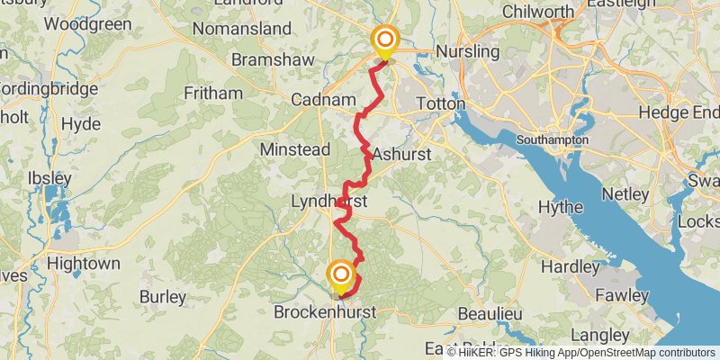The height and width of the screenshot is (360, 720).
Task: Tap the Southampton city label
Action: (553, 140)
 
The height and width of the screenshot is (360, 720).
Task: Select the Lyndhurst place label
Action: (328, 202)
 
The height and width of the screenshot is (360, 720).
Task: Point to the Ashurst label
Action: (401, 154)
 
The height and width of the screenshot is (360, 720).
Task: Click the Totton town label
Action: (440, 104)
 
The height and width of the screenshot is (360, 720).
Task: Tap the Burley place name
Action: (163, 296)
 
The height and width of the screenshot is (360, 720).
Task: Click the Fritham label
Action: (213, 93)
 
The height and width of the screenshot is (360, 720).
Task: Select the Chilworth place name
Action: (538, 12)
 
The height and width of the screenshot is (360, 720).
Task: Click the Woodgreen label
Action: (87, 24)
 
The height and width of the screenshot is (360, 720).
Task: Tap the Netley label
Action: (626, 194)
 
